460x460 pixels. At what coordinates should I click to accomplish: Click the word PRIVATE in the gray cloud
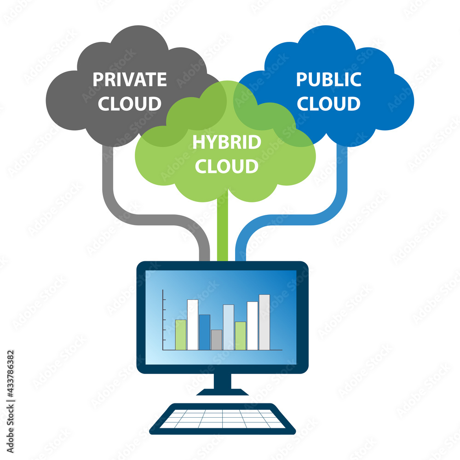[x=129, y=79]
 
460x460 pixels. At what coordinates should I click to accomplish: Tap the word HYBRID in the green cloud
[x=226, y=142]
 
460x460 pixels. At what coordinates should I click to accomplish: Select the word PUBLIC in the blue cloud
[x=328, y=79]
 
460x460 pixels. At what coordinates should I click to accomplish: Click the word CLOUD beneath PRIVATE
[x=130, y=103]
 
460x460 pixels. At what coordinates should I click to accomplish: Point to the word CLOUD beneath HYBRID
[x=226, y=166]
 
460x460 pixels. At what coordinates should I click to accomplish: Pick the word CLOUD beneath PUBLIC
[x=328, y=103]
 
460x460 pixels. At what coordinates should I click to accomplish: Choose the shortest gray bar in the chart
[x=216, y=340]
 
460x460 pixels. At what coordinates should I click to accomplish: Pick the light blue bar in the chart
[x=228, y=327]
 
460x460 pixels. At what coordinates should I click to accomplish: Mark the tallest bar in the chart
[x=264, y=322]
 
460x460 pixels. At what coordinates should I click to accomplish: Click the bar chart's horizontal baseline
[x=221, y=350]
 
